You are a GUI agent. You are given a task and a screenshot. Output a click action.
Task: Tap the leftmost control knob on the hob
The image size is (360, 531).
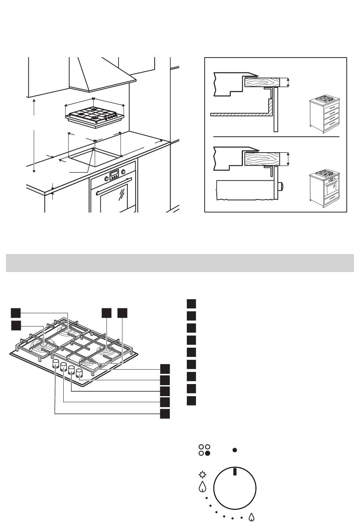coord(56,365)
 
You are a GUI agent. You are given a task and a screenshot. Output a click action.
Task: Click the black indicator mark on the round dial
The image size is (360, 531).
coord(235,472)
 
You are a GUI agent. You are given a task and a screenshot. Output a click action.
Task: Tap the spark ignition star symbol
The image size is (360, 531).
coord(202,474)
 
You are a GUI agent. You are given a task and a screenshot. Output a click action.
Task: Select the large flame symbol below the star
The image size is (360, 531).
coord(202,486)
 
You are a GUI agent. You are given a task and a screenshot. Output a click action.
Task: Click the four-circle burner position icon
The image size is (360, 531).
coord(204,450)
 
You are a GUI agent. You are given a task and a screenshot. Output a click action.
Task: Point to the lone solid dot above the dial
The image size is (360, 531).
coord(235,450)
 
